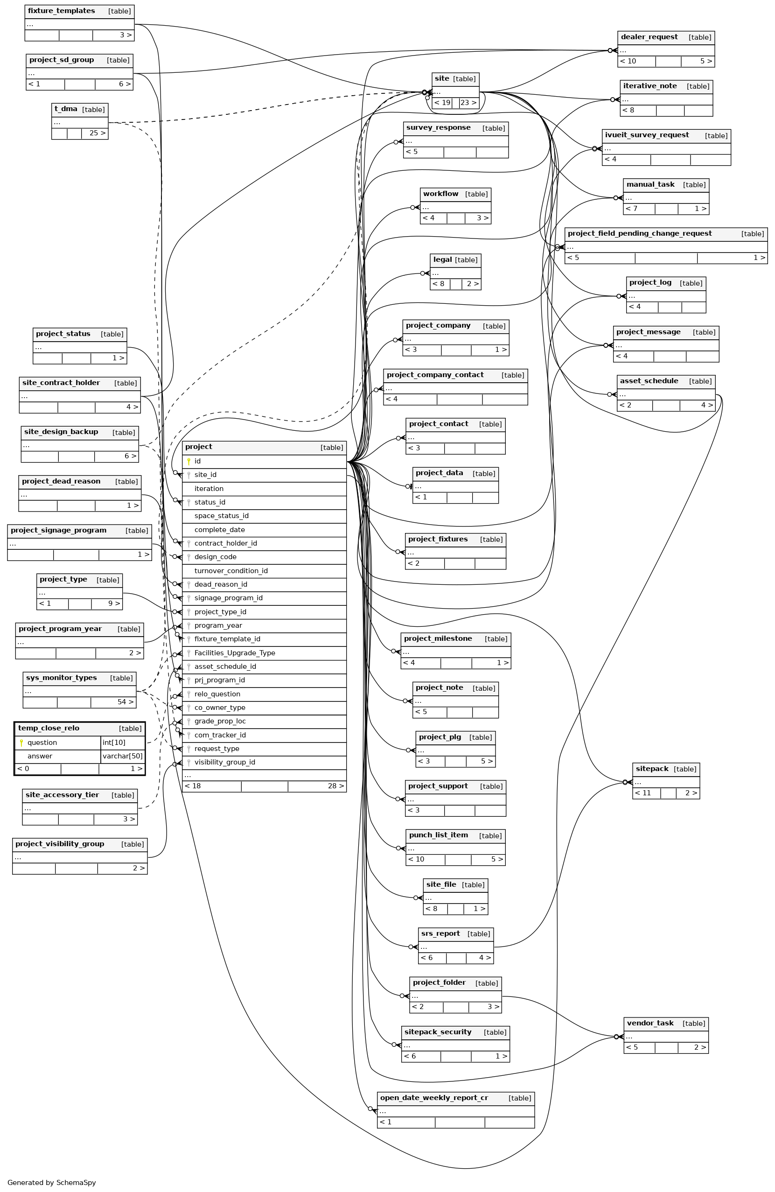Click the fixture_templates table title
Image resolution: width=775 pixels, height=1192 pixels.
click(x=61, y=11)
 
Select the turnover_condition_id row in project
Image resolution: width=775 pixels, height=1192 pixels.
click(x=231, y=570)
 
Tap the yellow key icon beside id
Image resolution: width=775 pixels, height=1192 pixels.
click(x=189, y=461)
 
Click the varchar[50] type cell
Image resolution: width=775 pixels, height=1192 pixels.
click(x=123, y=756)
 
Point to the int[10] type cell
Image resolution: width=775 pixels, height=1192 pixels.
click(x=114, y=743)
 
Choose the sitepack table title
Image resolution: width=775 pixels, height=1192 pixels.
click(x=652, y=769)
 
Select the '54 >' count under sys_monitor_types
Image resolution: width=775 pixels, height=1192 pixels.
click(x=126, y=702)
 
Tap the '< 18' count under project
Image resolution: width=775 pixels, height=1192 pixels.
click(x=193, y=786)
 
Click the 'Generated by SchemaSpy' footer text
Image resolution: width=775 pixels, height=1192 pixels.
click(x=52, y=1183)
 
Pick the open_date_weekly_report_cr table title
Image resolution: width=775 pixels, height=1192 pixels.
click(x=433, y=1098)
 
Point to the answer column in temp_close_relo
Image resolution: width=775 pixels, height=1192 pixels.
click(x=40, y=756)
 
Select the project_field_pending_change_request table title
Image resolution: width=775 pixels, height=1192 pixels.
click(x=639, y=233)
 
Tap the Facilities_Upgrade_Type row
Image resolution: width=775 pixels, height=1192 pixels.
click(x=234, y=653)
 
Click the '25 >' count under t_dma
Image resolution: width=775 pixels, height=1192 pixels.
click(x=98, y=133)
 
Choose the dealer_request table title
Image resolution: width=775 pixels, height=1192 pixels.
click(x=649, y=37)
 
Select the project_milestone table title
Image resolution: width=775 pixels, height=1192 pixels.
click(x=438, y=638)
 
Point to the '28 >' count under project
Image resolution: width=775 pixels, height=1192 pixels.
click(x=336, y=786)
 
